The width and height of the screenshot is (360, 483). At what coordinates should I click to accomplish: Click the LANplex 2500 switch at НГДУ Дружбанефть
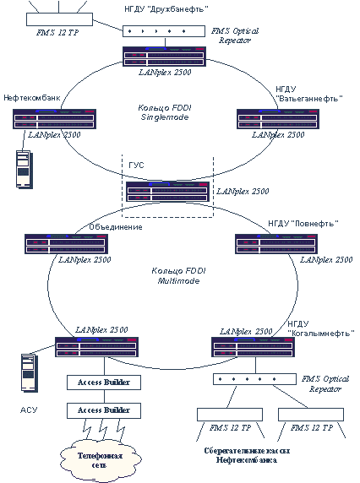pyautogui.click(x=164, y=57)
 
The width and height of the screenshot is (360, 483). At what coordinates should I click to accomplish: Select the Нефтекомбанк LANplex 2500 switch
pyautogui.click(x=55, y=119)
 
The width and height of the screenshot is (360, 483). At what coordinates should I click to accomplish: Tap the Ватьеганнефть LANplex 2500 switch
pyautogui.click(x=278, y=119)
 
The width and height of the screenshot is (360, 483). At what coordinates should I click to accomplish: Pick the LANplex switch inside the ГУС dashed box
pyautogui.click(x=167, y=192)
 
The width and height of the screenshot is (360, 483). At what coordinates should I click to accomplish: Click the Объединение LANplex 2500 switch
pyautogui.click(x=66, y=244)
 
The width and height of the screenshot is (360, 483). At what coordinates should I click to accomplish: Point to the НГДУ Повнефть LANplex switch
pyautogui.click(x=276, y=244)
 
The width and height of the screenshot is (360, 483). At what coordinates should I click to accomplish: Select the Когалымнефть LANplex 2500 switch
pyautogui.click(x=253, y=347)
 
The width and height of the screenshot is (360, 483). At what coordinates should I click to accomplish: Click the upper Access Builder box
pyautogui.click(x=104, y=383)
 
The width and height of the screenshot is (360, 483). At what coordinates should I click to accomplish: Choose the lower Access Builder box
pyautogui.click(x=104, y=410)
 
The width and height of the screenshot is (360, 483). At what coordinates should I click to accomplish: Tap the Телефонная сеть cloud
pyautogui.click(x=101, y=460)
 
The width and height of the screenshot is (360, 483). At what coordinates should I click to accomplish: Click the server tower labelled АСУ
pyautogui.click(x=30, y=373)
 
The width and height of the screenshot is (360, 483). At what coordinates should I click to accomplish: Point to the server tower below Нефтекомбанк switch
pyautogui.click(x=25, y=169)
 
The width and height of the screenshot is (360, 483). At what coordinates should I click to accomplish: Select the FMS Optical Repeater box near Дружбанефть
pyautogui.click(x=164, y=31)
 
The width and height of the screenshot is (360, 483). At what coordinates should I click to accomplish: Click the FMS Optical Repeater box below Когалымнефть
pyautogui.click(x=254, y=379)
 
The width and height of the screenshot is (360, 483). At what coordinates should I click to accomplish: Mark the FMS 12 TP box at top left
pyautogui.click(x=59, y=19)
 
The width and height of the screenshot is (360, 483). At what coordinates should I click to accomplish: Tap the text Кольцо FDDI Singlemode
pyautogui.click(x=165, y=112)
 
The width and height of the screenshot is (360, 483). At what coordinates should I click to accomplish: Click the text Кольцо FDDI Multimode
pyautogui.click(x=178, y=276)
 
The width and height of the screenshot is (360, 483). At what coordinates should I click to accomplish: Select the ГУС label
pyautogui.click(x=136, y=166)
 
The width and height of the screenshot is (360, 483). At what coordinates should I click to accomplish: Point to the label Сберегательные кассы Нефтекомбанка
pyautogui.click(x=247, y=455)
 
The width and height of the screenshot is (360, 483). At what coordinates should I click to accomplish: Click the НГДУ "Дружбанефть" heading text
pyautogui.click(x=166, y=9)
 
